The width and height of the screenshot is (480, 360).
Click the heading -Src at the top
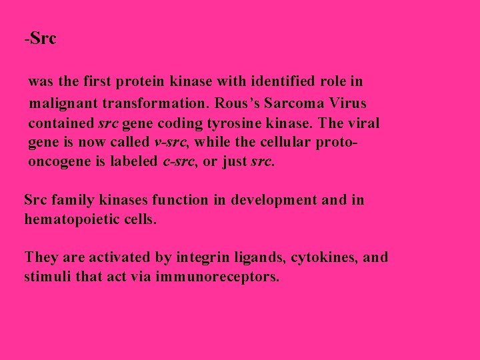(x=41, y=39)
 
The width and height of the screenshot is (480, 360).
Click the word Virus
(x=347, y=103)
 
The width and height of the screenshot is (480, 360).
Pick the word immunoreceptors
(x=217, y=276)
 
